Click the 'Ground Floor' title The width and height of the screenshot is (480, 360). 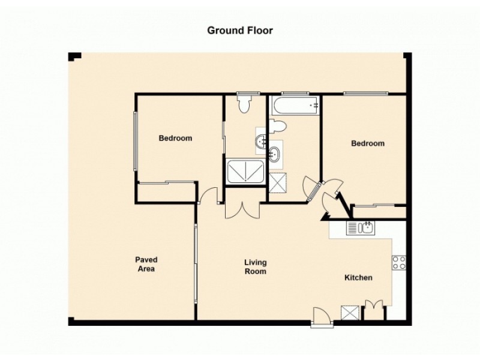(240, 30)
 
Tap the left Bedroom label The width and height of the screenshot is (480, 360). (175, 139)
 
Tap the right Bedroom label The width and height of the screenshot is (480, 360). (368, 144)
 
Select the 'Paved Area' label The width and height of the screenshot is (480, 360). (146, 265)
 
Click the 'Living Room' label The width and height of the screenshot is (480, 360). (255, 267)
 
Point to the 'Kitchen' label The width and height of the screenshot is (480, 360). (358, 278)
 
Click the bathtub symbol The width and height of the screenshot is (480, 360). (295, 106)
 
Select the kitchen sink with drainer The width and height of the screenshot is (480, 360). (361, 227)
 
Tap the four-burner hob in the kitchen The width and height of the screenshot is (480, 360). (399, 262)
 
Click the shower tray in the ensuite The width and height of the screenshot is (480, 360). (245, 172)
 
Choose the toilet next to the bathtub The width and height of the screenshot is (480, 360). (277, 127)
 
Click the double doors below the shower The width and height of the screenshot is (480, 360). (242, 209)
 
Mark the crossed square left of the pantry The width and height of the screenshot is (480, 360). (349, 313)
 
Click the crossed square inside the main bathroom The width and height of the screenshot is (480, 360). (278, 182)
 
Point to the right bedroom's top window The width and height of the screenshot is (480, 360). (365, 93)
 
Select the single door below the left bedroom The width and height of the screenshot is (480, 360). (209, 196)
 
